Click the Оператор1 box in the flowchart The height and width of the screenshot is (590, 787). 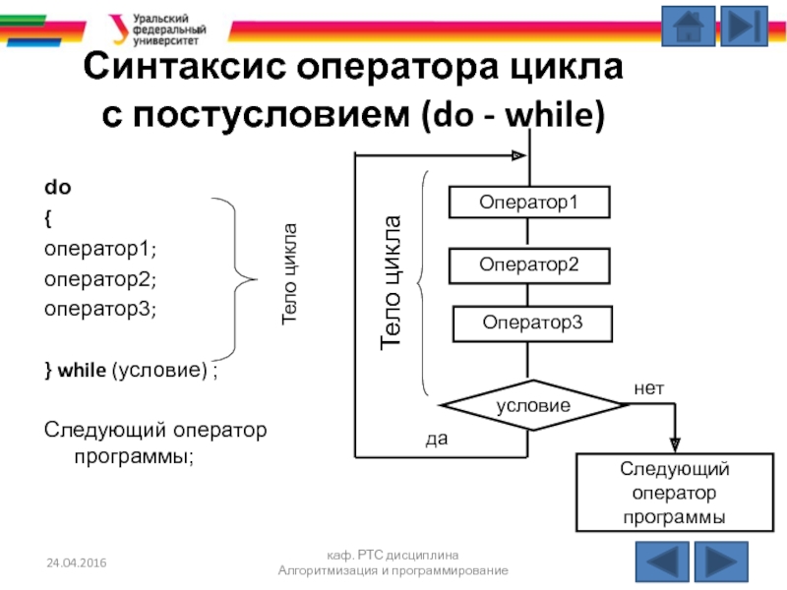pos(528,203)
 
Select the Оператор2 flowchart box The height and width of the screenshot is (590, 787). pos(528,264)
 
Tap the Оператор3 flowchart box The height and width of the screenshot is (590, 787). pos(532,323)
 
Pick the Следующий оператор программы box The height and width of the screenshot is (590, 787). pos(673,492)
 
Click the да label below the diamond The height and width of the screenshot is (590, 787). pos(436,440)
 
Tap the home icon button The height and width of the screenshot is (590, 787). pos(688,26)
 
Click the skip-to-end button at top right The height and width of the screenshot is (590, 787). pos(749,26)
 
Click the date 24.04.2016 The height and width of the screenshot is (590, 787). pos(77,561)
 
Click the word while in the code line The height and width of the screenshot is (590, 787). pos(82,371)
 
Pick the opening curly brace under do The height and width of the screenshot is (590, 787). pos(47,216)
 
